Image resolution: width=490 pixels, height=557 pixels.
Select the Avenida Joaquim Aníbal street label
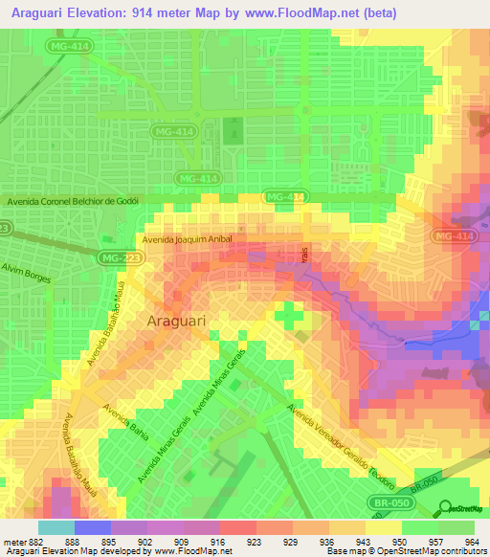pos(188,239)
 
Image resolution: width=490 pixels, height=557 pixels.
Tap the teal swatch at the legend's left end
pos(56,526)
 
